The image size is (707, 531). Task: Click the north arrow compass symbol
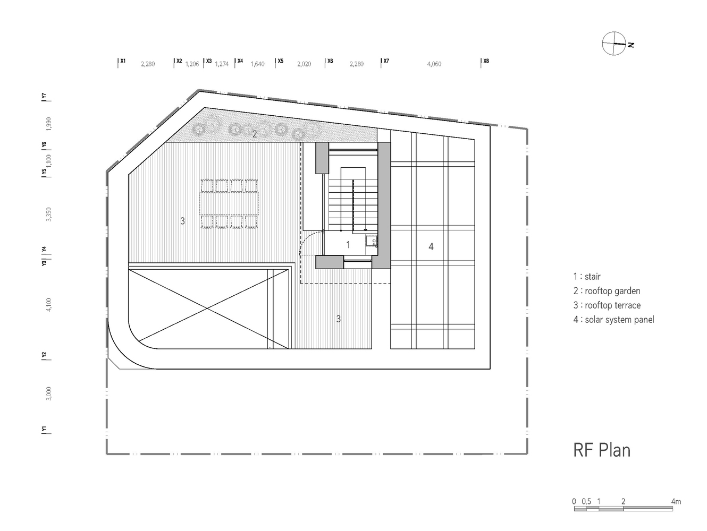pyautogui.click(x=614, y=44)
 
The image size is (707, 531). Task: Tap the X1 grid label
pyautogui.click(x=123, y=61)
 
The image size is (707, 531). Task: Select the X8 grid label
pyautogui.click(x=486, y=61)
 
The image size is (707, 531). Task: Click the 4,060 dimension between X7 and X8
pyautogui.click(x=434, y=64)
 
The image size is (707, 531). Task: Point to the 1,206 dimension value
pyautogui.click(x=192, y=64)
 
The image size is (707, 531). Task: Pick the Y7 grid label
pyautogui.click(x=44, y=96)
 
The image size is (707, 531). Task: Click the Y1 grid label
pyautogui.click(x=44, y=429)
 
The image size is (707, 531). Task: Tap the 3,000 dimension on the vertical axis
pyautogui.click(x=48, y=393)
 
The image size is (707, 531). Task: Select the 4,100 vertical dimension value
pyautogui.click(x=48, y=305)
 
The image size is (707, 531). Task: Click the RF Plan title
pyautogui.click(x=602, y=450)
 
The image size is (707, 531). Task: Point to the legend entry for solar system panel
pyautogui.click(x=613, y=319)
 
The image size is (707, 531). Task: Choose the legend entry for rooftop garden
pyautogui.click(x=607, y=291)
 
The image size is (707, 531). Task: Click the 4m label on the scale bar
pyautogui.click(x=676, y=501)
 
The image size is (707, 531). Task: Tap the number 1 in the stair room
pyautogui.click(x=348, y=245)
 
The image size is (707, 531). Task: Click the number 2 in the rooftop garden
pyautogui.click(x=255, y=134)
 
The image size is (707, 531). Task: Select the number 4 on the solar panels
pyautogui.click(x=431, y=246)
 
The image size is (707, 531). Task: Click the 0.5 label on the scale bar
pyautogui.click(x=586, y=501)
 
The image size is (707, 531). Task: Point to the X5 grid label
pyautogui.click(x=281, y=61)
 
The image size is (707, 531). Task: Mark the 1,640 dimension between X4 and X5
pyautogui.click(x=258, y=64)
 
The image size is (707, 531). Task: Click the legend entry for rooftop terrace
pyautogui.click(x=607, y=305)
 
